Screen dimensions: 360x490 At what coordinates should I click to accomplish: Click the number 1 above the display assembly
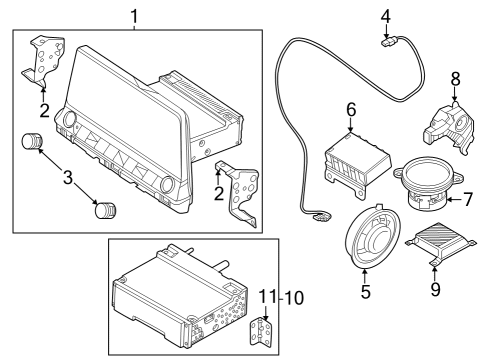pos(137,15)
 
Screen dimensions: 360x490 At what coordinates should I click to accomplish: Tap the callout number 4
pos(385,15)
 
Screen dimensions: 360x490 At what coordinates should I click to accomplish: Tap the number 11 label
pos(264,297)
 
